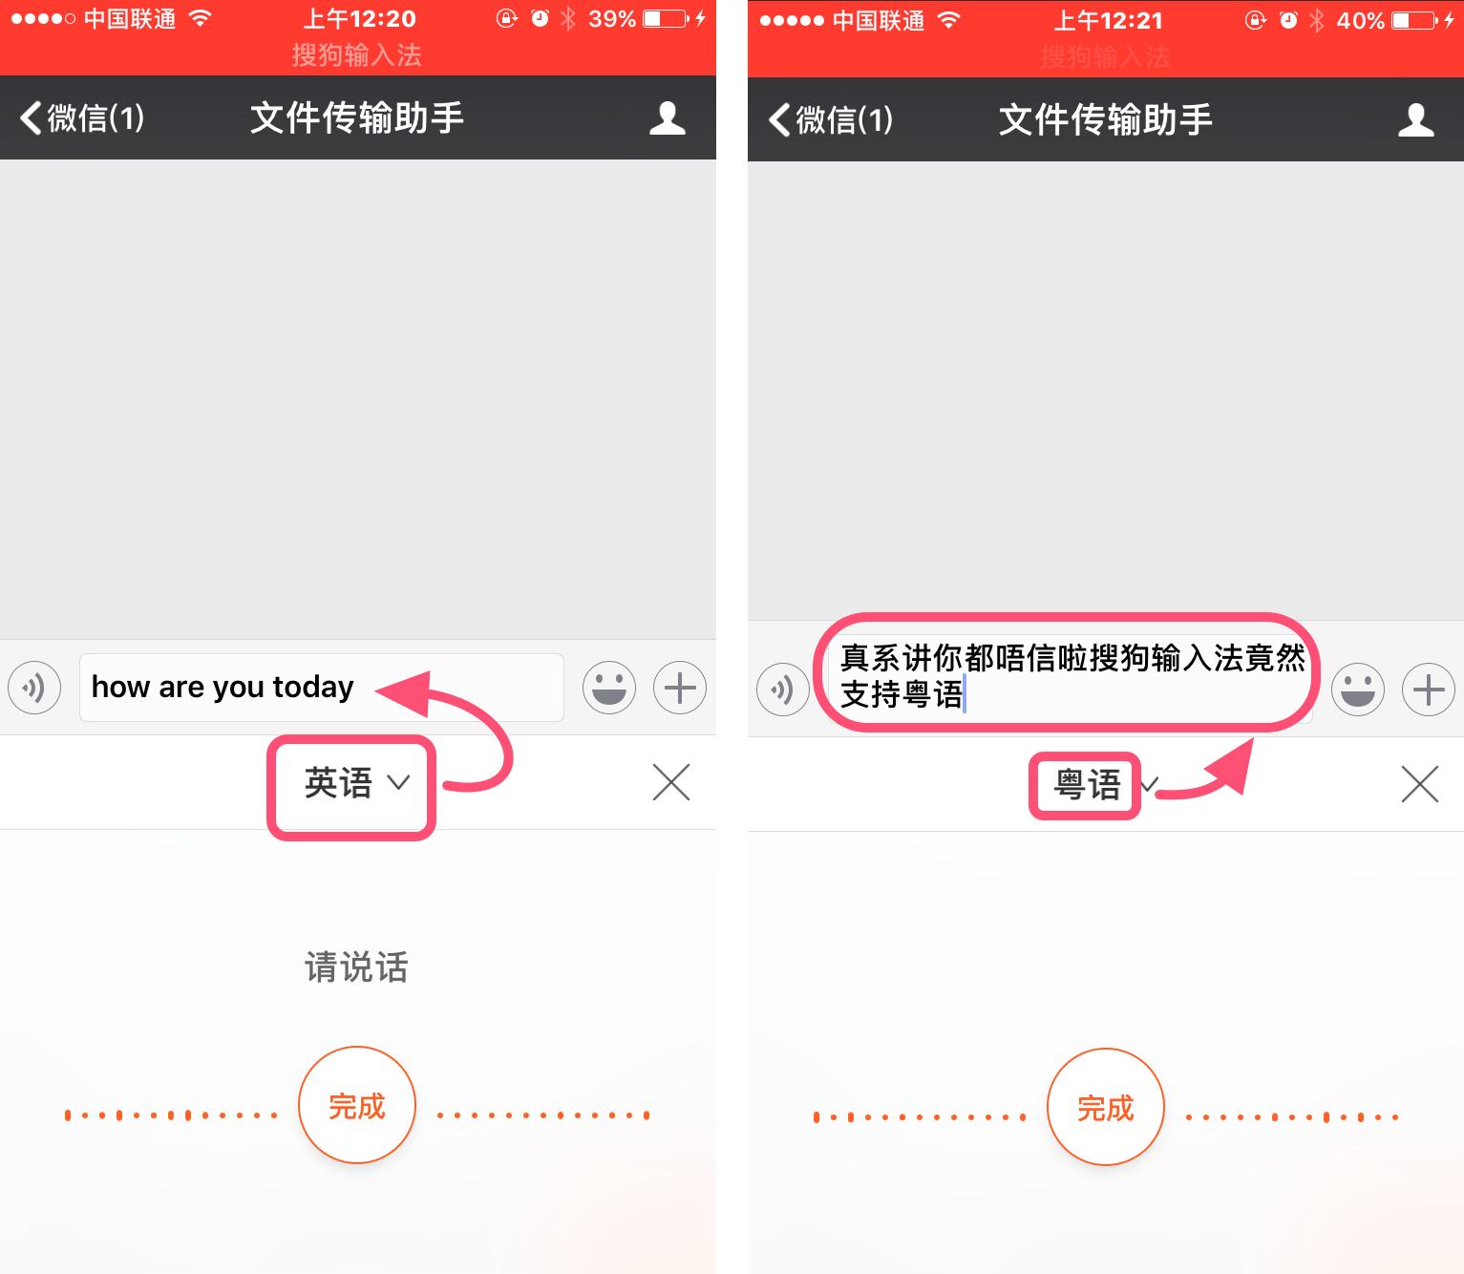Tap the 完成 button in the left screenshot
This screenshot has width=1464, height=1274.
(x=356, y=1105)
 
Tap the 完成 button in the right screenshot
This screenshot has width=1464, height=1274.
(x=1105, y=1107)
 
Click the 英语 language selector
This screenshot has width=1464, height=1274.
(x=353, y=783)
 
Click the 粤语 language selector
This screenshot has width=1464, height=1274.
(x=1089, y=785)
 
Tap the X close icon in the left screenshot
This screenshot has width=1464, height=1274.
(x=671, y=782)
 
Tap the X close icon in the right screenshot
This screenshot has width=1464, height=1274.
(x=1419, y=785)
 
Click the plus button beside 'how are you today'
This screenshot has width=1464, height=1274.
(x=680, y=688)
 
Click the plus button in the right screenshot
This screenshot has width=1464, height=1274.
(x=1428, y=690)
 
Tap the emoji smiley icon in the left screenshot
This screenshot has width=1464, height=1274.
(x=609, y=688)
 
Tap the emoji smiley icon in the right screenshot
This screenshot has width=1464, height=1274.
(x=1357, y=690)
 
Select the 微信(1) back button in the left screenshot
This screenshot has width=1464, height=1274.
(x=82, y=118)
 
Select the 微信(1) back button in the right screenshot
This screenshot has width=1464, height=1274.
(x=831, y=120)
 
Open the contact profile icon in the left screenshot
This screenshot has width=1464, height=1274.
(x=668, y=118)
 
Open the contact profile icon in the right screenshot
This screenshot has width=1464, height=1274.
(x=1415, y=120)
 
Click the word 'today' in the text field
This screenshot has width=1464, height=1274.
(x=313, y=687)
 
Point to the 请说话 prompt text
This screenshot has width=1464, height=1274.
(x=356, y=967)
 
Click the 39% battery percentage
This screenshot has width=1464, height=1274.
(x=612, y=19)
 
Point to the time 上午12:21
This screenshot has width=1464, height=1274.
(x=1108, y=20)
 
